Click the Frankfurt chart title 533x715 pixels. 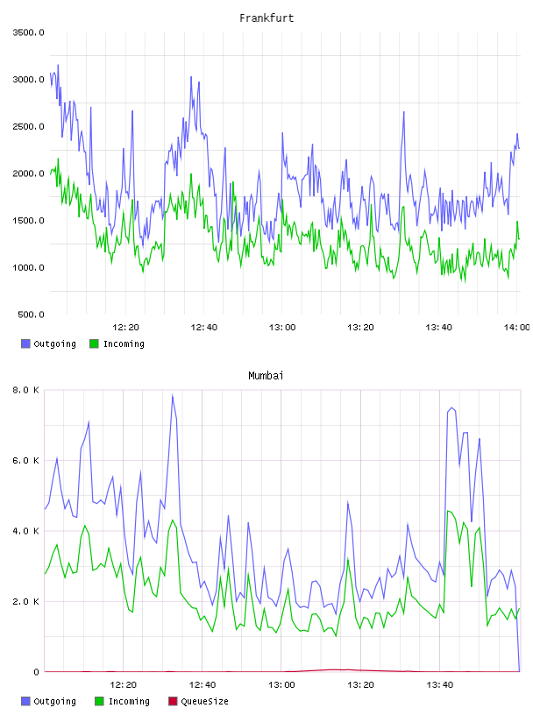click(266, 18)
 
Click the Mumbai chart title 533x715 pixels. click(266, 376)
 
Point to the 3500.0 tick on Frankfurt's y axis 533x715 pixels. click(29, 32)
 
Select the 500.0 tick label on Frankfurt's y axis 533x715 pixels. click(31, 315)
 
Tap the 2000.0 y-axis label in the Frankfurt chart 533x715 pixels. click(29, 173)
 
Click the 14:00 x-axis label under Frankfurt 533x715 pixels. click(517, 327)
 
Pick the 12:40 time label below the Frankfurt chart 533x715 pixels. click(203, 327)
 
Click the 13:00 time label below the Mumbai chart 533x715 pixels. click(281, 684)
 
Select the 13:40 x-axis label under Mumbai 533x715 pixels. click(440, 684)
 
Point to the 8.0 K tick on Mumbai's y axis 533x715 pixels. click(25, 390)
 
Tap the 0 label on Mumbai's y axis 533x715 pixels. click(37, 672)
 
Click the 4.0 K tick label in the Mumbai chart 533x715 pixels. click(25, 531)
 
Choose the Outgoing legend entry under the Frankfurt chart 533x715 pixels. click(48, 343)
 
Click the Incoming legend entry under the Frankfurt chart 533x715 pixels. click(117, 343)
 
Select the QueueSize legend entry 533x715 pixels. click(198, 701)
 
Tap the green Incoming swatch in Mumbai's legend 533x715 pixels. click(99, 701)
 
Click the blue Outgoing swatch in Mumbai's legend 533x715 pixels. click(25, 701)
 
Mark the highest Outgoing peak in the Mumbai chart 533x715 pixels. click(173, 395)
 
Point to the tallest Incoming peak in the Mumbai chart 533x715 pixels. click(449, 511)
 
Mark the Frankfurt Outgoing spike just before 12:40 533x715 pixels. click(191, 76)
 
